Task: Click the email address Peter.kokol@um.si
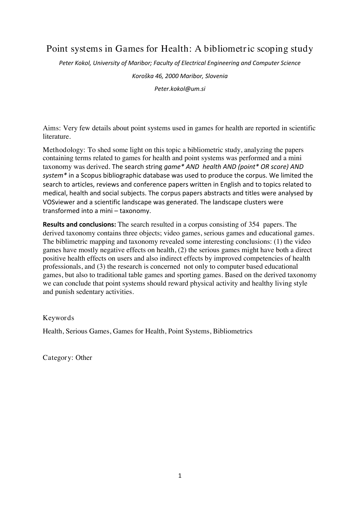[x=180, y=89]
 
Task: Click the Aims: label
[x=52, y=128]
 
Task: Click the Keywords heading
[x=58, y=318]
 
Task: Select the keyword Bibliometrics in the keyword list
[x=233, y=331]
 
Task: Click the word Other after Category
[x=84, y=358]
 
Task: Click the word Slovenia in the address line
[x=217, y=76]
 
